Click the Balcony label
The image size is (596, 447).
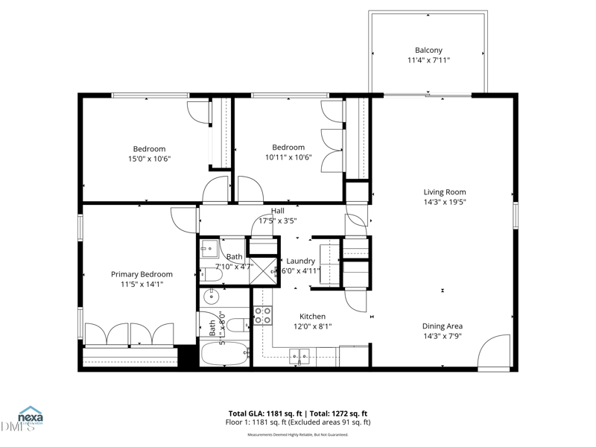[x=428, y=51]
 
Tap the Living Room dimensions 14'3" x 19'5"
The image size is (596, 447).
[x=445, y=201]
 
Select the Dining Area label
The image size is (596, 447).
[x=443, y=326]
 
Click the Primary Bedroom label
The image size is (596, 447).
[x=142, y=274]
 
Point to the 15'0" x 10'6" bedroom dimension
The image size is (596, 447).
[x=149, y=158]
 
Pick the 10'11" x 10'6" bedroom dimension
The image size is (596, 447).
[x=288, y=157]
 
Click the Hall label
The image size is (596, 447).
[x=277, y=211]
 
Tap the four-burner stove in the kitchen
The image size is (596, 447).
[x=262, y=315]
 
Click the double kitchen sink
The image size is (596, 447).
[x=299, y=356]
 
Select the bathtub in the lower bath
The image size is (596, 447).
[x=226, y=354]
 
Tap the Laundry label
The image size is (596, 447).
[x=301, y=261]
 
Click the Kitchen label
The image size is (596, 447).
[x=313, y=316]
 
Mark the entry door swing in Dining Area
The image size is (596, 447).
[x=493, y=353]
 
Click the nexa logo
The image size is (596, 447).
[x=30, y=415]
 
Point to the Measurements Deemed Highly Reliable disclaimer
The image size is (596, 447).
[x=297, y=434]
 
